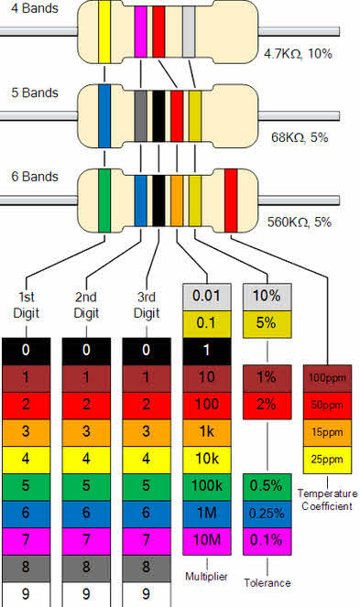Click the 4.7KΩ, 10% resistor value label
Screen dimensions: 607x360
[x=296, y=54]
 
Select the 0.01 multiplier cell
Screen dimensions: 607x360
[x=207, y=297]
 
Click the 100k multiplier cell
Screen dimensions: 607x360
[x=207, y=485]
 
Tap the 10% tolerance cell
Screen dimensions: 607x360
[x=266, y=297]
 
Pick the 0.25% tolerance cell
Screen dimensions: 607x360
[x=266, y=513]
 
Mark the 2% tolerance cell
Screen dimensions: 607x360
[x=266, y=405]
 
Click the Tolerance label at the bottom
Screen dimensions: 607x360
[x=267, y=582]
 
